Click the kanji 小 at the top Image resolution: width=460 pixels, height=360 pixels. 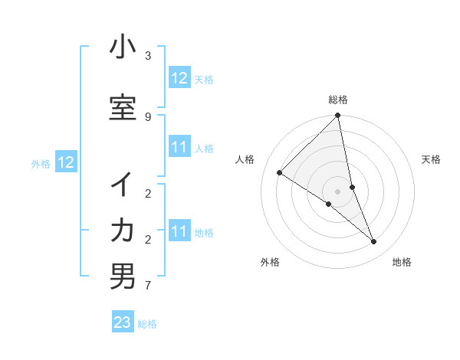tap(123, 47)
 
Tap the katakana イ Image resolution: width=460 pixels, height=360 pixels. tap(123, 185)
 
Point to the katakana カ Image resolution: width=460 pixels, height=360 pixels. tap(123, 231)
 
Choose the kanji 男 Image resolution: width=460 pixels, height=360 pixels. tap(123, 277)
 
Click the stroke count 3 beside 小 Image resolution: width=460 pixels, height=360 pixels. tap(148, 56)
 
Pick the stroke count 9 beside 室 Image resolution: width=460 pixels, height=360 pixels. tap(148, 116)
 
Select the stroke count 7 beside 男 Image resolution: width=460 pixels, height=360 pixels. tap(148, 286)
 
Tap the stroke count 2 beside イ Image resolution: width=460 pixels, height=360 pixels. tap(148, 194)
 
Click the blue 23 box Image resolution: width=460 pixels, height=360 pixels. tap(123, 322)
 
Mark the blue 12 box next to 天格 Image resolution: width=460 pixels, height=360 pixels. tap(179, 78)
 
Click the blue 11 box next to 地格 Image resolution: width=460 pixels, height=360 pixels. tap(179, 231)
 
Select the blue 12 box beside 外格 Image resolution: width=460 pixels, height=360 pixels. tap(65, 162)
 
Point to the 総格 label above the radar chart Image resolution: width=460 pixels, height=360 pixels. tap(338, 100)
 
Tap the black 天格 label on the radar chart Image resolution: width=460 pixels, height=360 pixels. tap(431, 159)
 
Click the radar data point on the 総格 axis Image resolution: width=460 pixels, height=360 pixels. tap(338, 116)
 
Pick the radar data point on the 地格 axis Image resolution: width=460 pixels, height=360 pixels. tap(374, 242)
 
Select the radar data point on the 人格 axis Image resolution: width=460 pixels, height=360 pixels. tap(279, 172)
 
